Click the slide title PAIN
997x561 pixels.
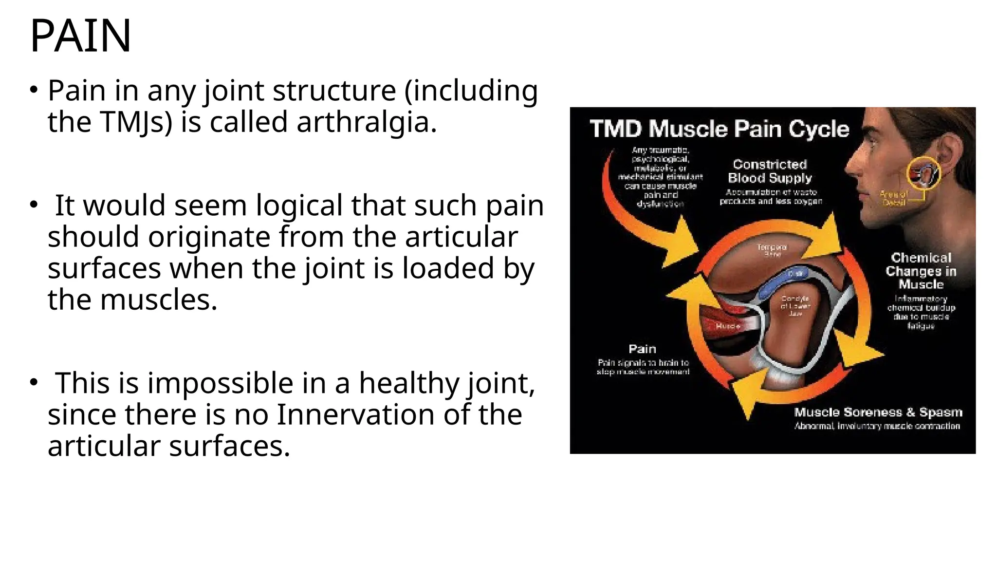[x=80, y=36]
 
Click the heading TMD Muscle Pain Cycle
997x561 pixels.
[x=719, y=129]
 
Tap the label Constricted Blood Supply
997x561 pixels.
[x=770, y=171]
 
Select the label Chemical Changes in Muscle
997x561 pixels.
[x=921, y=271]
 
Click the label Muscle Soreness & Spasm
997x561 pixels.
[x=878, y=412]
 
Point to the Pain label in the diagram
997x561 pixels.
[x=642, y=349]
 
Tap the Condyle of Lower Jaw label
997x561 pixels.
[x=795, y=306]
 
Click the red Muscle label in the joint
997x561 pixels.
[x=728, y=326]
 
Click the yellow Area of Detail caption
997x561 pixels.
[x=893, y=198]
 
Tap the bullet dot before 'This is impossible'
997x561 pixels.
[x=33, y=383]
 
